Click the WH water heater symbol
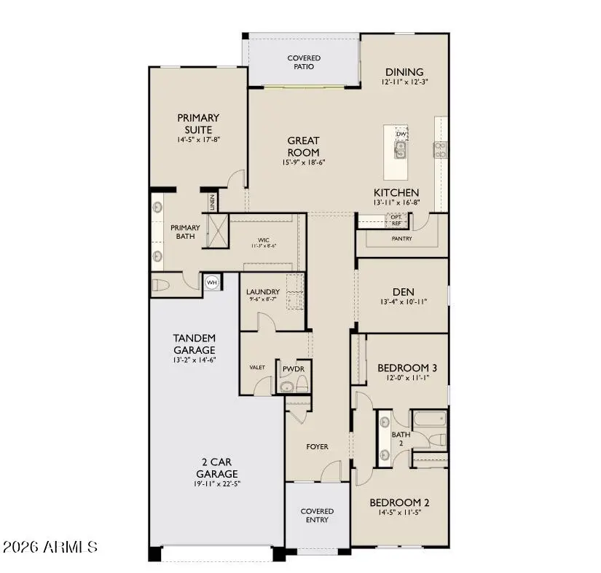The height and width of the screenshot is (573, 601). click(212, 282)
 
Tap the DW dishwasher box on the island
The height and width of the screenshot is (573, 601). click(401, 134)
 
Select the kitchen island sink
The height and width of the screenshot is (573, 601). click(400, 150)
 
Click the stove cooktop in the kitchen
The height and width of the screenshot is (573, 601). click(440, 149)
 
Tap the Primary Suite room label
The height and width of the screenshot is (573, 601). click(198, 124)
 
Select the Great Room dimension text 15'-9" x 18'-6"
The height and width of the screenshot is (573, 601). click(303, 162)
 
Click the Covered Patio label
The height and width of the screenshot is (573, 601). click(304, 62)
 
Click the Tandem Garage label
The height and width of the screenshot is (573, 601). click(194, 343)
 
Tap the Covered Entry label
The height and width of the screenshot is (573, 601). click(317, 515)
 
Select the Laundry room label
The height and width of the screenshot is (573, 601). click(262, 291)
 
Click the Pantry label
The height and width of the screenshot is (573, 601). click(401, 238)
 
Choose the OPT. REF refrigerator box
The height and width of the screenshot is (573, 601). click(396, 221)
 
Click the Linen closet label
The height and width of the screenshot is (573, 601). click(212, 202)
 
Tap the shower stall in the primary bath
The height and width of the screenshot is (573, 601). click(218, 232)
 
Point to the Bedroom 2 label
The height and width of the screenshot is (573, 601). click(398, 502)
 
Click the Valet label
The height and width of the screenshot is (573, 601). click(256, 368)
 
